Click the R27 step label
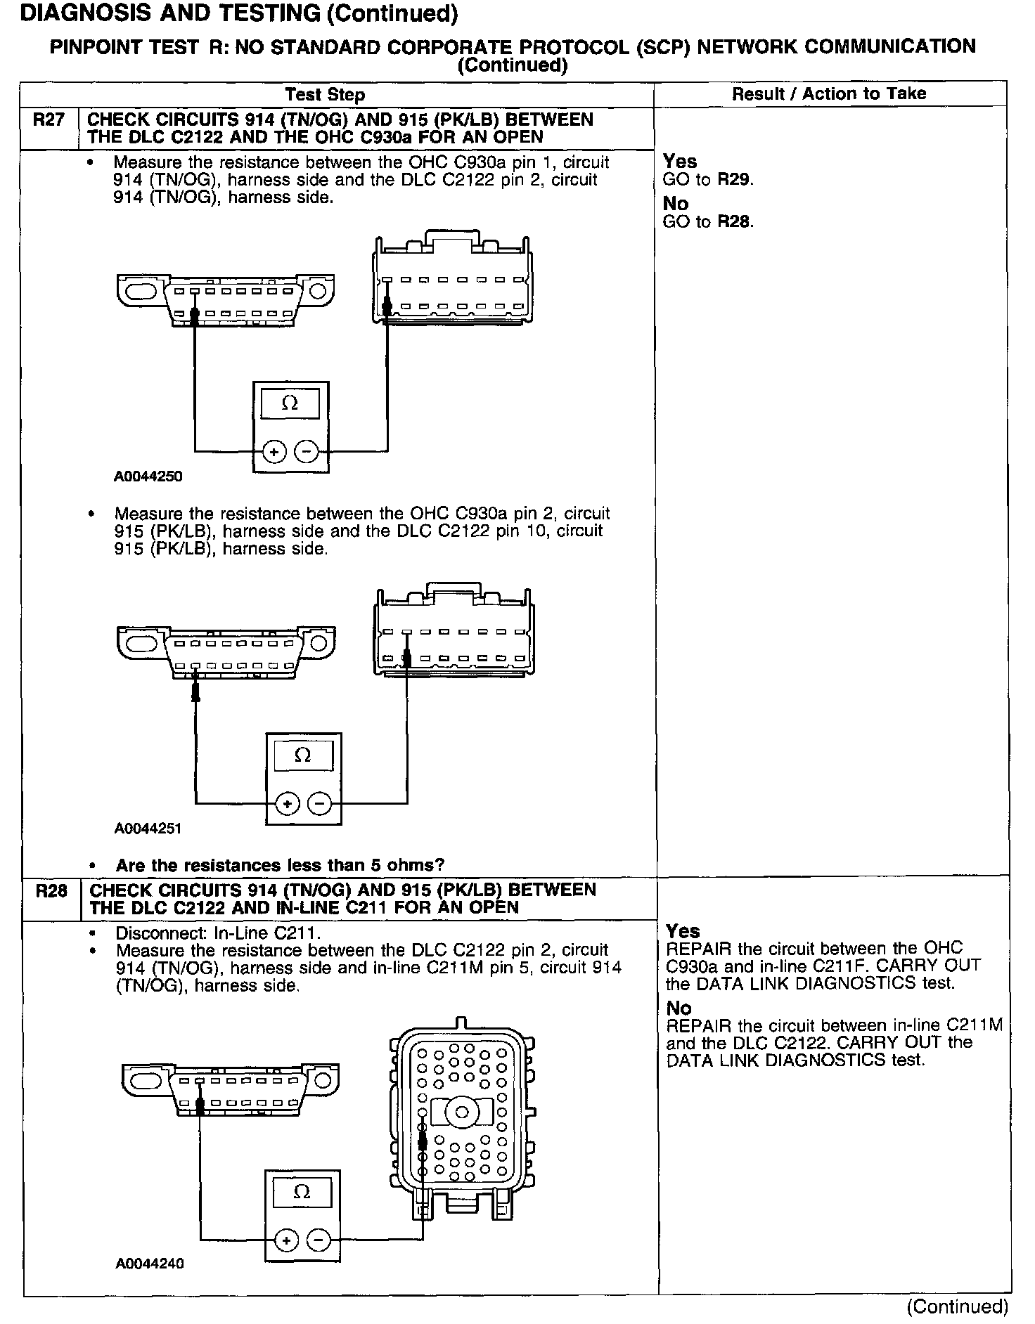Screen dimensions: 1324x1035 49,120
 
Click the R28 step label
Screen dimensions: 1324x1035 51,891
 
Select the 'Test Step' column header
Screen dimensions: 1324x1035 325,95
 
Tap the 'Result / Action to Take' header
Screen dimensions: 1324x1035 829,93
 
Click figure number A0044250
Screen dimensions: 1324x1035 148,476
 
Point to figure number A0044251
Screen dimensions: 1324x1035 148,828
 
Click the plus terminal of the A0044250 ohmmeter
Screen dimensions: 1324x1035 274,452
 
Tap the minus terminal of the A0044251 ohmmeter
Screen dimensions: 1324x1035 320,803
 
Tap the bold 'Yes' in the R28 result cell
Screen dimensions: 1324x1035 683,930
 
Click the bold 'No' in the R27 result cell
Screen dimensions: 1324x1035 676,203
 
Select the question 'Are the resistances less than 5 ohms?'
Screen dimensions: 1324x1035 280,865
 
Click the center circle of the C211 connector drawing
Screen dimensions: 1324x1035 463,1112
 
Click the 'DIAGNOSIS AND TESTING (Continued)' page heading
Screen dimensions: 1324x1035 240,13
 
